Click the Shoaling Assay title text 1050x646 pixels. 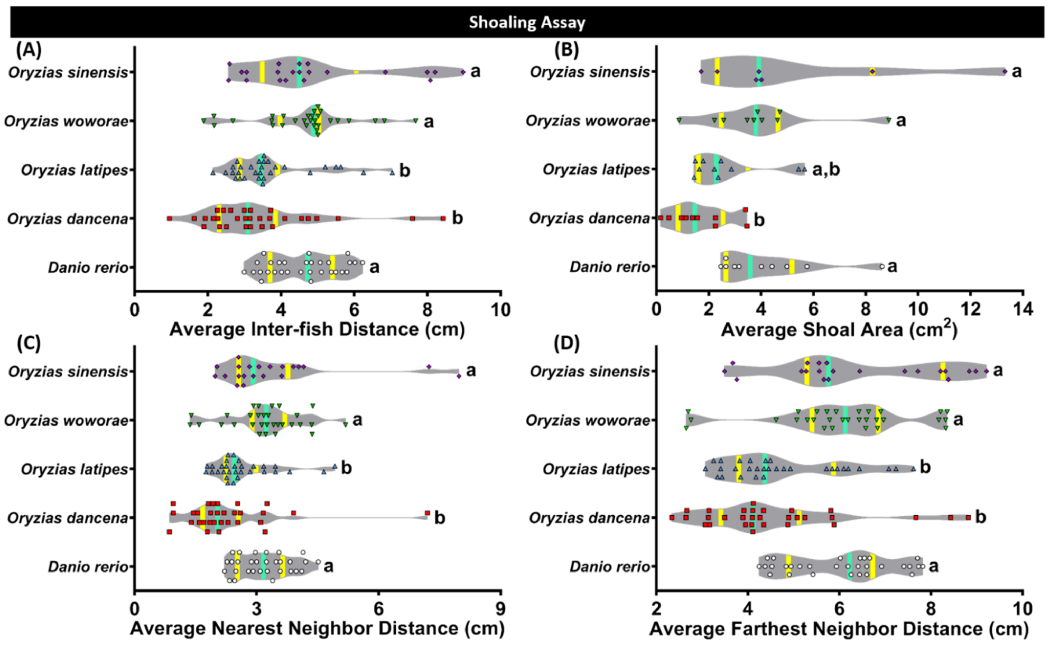click(527, 22)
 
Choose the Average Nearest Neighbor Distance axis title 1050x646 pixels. click(317, 628)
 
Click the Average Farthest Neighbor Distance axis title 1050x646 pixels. click(839, 628)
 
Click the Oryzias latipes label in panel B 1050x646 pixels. click(596, 170)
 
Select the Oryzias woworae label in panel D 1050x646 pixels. click(587, 420)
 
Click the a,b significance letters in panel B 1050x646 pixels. click(826, 170)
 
